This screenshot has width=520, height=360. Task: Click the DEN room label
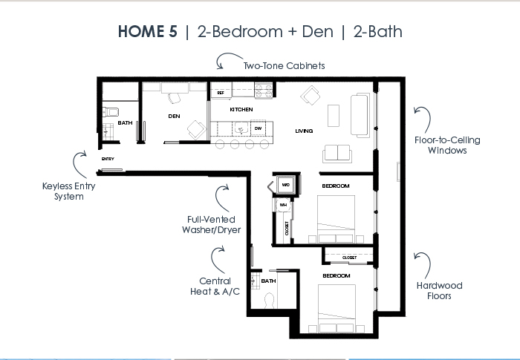(x=174, y=116)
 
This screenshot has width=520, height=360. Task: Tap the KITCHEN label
(x=241, y=109)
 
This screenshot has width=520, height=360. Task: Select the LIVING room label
(x=304, y=131)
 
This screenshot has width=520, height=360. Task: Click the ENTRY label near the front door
(x=108, y=159)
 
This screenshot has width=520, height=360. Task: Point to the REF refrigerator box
(x=221, y=90)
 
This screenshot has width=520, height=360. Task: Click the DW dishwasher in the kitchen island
(x=258, y=128)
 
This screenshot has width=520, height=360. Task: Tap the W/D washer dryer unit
(x=286, y=185)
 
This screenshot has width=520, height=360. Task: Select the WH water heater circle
(x=283, y=205)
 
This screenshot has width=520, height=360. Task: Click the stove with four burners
(x=264, y=90)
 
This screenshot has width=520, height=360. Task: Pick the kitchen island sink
(x=241, y=128)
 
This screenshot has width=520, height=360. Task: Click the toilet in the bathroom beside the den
(x=111, y=112)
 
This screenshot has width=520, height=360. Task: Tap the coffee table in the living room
(x=334, y=116)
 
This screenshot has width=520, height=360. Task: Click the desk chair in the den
(x=175, y=98)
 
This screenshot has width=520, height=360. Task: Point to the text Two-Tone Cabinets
(x=285, y=65)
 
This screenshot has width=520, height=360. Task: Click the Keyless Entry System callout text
(x=69, y=192)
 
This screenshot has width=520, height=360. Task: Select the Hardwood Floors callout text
(x=440, y=291)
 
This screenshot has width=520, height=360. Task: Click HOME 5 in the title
(x=148, y=31)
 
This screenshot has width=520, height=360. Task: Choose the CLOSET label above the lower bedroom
(x=349, y=258)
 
